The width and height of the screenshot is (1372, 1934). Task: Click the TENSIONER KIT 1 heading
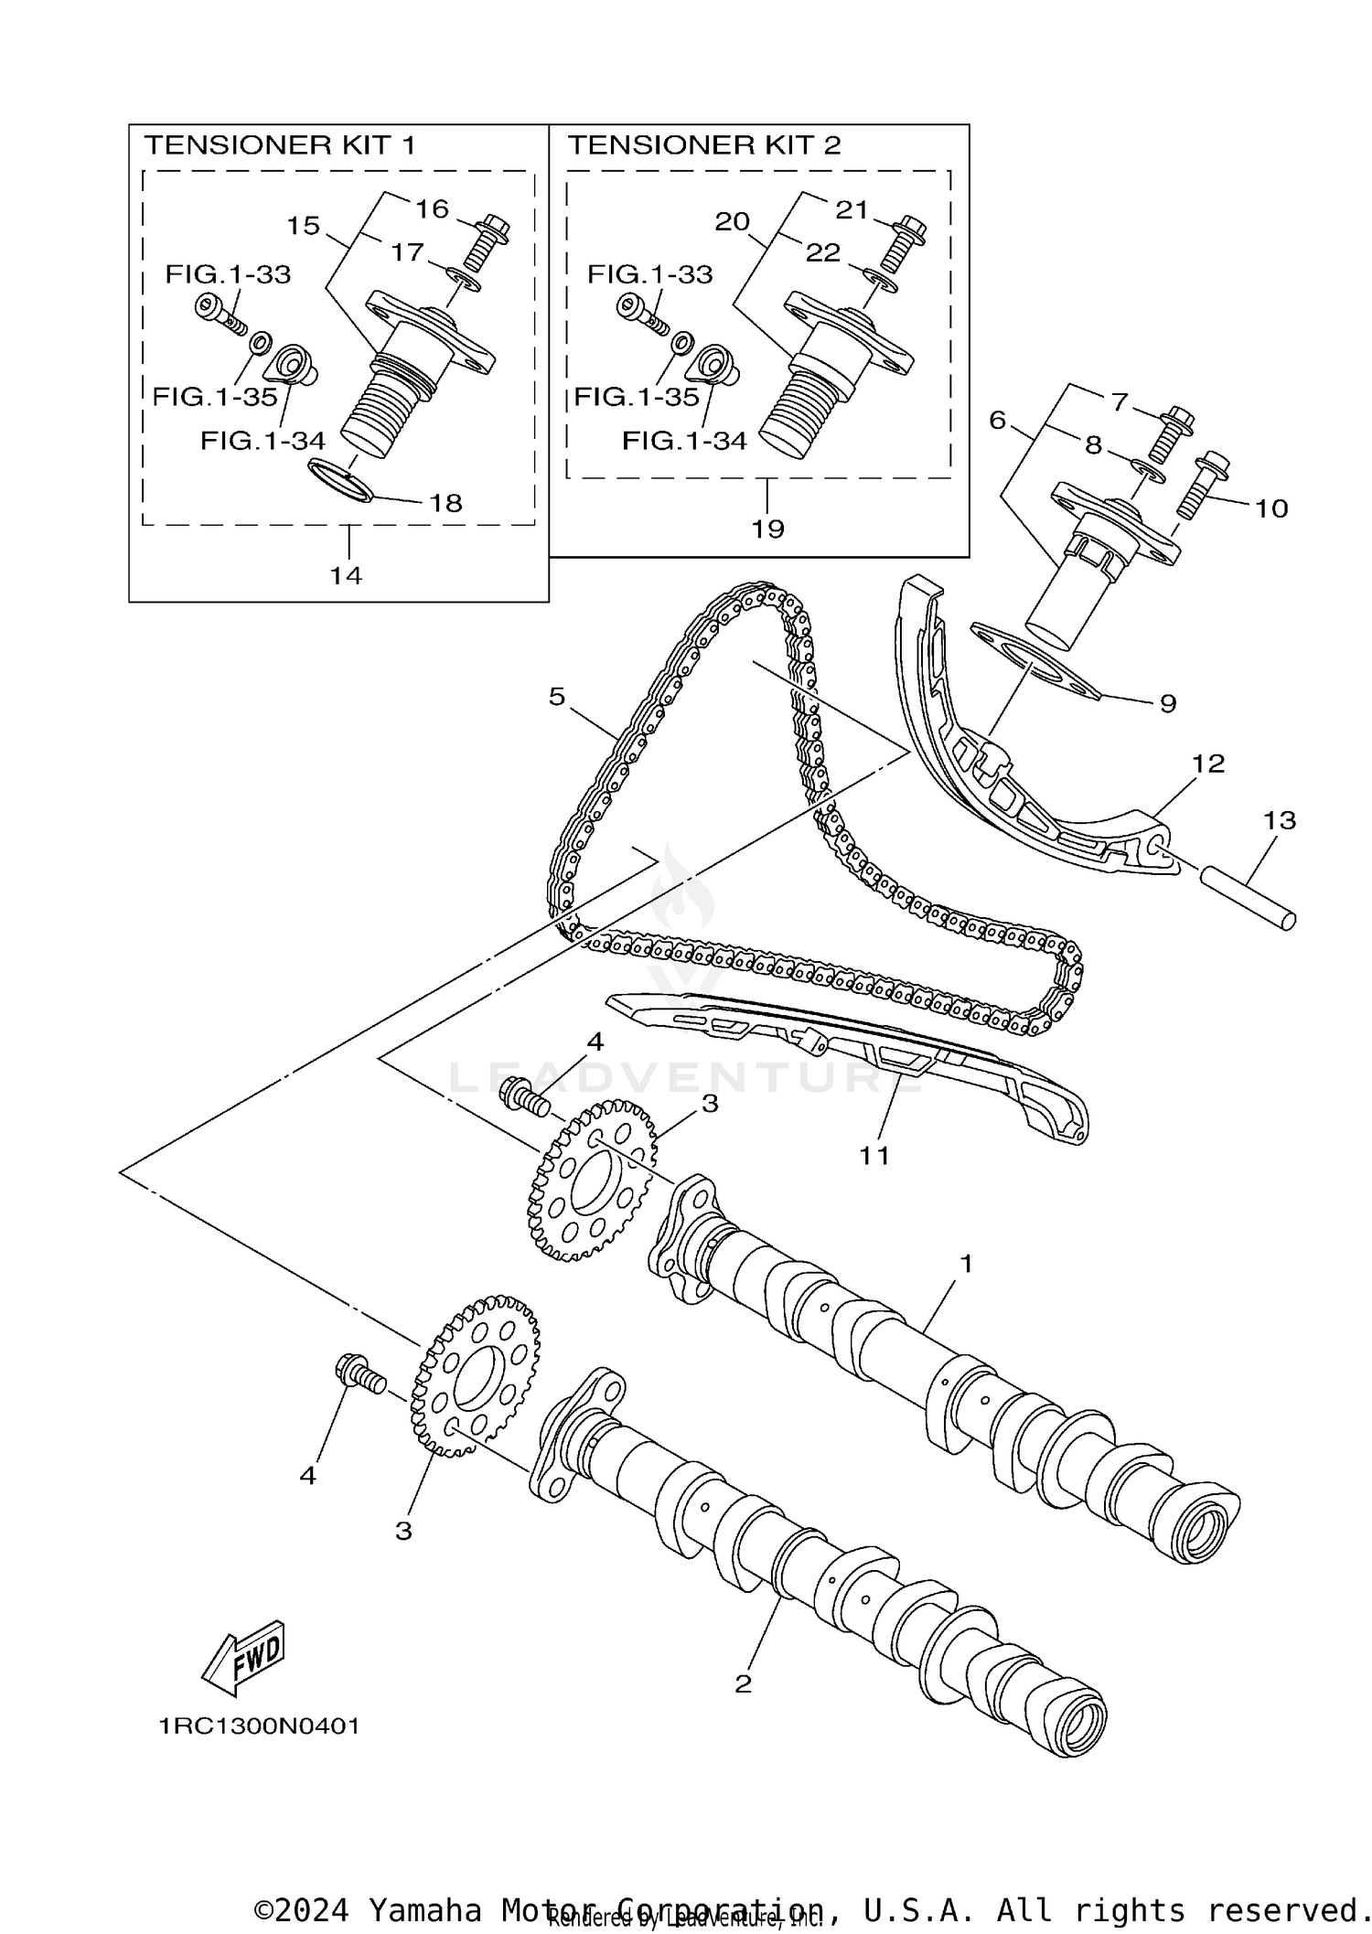pyautogui.click(x=280, y=145)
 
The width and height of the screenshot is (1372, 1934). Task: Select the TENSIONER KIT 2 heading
pyautogui.click(x=703, y=145)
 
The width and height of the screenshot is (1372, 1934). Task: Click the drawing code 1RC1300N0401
pyautogui.click(x=260, y=1726)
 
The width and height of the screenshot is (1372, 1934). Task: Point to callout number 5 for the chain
pyautogui.click(x=557, y=697)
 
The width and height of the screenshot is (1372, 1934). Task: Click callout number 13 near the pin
pyautogui.click(x=1280, y=820)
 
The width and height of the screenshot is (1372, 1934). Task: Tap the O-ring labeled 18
pyautogui.click(x=339, y=480)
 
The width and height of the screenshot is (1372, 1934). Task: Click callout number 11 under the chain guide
pyautogui.click(x=874, y=1155)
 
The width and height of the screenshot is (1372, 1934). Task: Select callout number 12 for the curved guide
pyautogui.click(x=1208, y=764)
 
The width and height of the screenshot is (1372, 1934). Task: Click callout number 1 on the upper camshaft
pyautogui.click(x=965, y=1264)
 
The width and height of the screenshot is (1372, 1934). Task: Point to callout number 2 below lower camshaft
pyautogui.click(x=743, y=1683)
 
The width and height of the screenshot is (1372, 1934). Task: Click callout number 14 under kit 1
pyautogui.click(x=347, y=575)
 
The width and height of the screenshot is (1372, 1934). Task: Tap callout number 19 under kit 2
pyautogui.click(x=768, y=529)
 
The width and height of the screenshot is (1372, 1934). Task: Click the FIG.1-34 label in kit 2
pyautogui.click(x=684, y=441)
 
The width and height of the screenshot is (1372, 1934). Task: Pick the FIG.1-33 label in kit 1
pyautogui.click(x=228, y=274)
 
